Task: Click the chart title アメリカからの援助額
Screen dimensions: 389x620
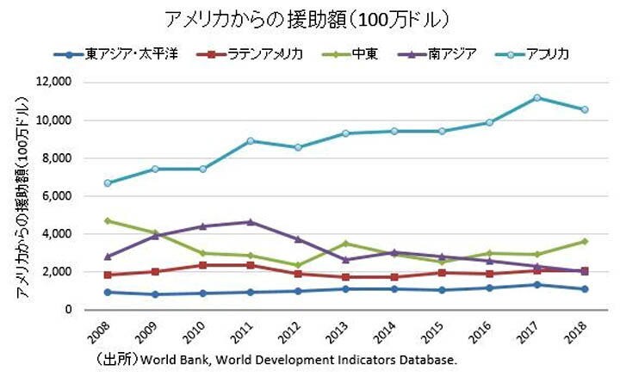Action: pos(305,19)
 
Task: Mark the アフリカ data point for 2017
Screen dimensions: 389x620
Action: pos(536,98)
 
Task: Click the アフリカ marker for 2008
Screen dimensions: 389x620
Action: pos(107,183)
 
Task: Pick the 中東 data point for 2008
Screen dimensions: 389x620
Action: pos(107,221)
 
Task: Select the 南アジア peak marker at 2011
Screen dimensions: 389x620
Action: pos(250,222)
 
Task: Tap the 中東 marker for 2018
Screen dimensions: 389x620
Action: pos(585,242)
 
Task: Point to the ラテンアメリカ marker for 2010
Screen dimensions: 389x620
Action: pos(202,265)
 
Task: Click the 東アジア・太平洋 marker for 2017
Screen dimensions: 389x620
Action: pos(536,285)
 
